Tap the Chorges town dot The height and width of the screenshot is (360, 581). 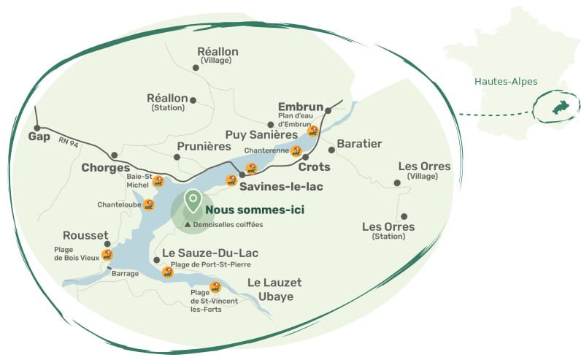[x=114, y=155]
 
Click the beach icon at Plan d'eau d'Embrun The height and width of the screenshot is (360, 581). [x=314, y=131]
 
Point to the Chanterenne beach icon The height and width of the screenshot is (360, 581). [x=296, y=151]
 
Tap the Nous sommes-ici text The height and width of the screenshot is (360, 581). [x=254, y=210]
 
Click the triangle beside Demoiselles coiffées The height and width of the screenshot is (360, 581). [x=187, y=225]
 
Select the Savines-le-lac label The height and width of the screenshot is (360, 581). [x=281, y=186]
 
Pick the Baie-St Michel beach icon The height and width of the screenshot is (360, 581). [x=158, y=181]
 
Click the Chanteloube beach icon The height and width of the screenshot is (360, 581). [x=149, y=204]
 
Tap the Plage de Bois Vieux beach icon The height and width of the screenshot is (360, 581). [x=107, y=254]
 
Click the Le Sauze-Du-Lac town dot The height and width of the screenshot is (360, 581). [x=156, y=259]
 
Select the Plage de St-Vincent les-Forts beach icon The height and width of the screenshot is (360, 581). [x=215, y=286]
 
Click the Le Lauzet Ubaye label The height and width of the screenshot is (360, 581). [x=274, y=289]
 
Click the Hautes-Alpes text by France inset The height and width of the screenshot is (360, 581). [x=506, y=81]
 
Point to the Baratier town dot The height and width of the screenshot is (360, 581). [x=331, y=150]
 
